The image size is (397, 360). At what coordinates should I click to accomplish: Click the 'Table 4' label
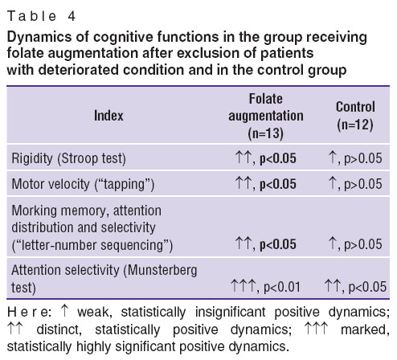41,16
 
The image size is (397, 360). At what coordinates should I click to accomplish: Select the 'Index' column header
108,116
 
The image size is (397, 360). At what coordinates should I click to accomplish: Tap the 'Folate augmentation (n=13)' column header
266,116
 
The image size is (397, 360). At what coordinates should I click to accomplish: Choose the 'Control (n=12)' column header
355,116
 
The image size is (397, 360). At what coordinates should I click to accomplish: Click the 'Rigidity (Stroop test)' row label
68,158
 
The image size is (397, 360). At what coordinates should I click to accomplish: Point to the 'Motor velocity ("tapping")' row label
83,184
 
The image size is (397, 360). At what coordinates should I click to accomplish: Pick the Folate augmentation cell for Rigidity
265,158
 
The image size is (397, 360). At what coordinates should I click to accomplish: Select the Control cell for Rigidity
355,158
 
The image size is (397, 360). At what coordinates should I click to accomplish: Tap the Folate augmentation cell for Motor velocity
265,184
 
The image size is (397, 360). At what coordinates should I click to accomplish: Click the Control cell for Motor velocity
355,184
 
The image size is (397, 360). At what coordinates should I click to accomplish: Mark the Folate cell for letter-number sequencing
265,244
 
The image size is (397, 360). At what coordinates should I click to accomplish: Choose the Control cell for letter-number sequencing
355,244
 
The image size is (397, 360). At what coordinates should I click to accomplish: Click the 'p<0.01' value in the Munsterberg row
282,288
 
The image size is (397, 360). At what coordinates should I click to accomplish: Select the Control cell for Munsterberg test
355,287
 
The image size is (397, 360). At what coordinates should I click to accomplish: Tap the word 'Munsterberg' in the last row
162,270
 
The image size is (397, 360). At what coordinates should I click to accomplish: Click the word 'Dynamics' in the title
39,37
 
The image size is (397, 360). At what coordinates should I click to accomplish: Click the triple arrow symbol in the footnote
317,329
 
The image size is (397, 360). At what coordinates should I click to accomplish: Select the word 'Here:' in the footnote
30,313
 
